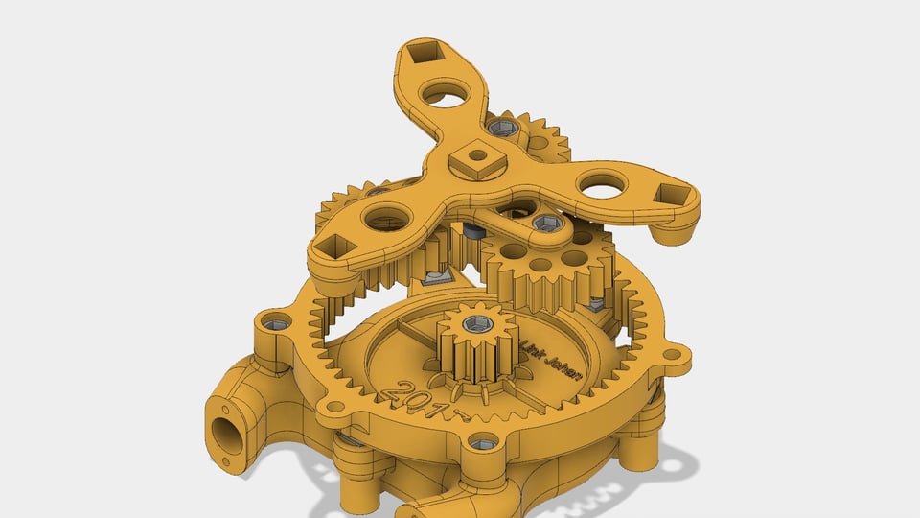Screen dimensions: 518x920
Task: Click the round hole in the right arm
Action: pyautogui.click(x=603, y=184)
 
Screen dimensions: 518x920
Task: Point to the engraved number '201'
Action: pyautogui.click(x=413, y=398)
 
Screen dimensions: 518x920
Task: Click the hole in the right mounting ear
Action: pyautogui.click(x=673, y=355)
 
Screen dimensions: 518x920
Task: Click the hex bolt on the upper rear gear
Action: pyautogui.click(x=499, y=127)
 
